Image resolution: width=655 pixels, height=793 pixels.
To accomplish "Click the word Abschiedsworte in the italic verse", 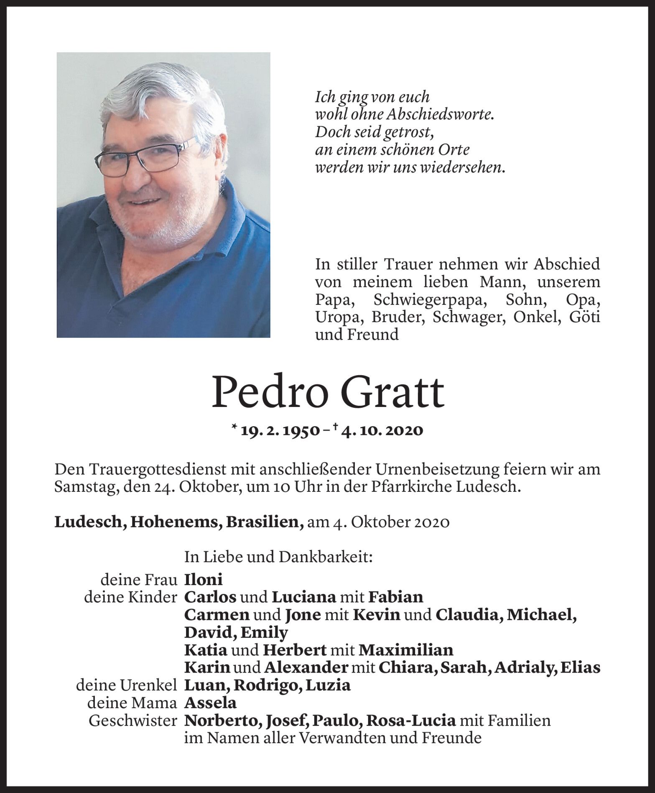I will pos(432,115).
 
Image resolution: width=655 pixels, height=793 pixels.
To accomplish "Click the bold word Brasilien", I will pos(265,522).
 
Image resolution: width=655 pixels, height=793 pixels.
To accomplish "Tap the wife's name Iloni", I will pos(203,580).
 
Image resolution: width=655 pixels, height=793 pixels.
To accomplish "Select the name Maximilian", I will pos(406,650).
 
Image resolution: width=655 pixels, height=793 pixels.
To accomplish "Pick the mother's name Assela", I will pos(210,703).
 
